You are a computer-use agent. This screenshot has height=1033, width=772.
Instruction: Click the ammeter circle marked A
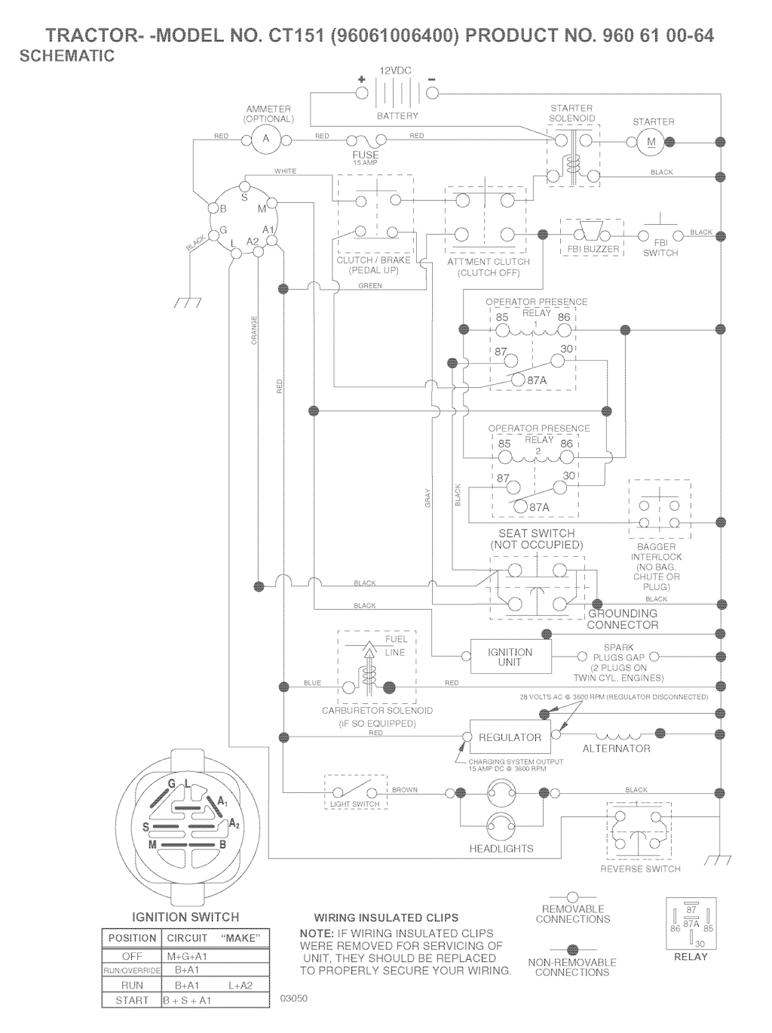click(265, 140)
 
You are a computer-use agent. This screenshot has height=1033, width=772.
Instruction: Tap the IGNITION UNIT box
click(510, 656)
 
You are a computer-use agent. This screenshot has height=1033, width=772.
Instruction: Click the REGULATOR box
click(510, 737)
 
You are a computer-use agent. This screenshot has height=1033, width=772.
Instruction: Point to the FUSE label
click(366, 155)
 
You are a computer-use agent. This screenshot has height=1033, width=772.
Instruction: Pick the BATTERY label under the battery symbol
click(397, 116)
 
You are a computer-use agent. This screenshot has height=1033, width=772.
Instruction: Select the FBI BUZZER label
click(593, 249)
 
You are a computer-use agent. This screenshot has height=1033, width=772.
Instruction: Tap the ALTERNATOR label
click(616, 749)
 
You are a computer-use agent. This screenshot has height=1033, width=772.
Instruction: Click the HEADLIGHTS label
click(501, 849)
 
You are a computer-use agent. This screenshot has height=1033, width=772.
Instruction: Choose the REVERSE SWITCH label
click(640, 869)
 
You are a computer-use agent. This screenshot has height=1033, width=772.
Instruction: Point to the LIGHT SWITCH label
click(355, 804)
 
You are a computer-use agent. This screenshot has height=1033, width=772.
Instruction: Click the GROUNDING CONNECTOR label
click(623, 619)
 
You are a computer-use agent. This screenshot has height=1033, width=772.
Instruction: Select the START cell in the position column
click(132, 1001)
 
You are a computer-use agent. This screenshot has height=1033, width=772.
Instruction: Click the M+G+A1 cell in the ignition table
click(187, 956)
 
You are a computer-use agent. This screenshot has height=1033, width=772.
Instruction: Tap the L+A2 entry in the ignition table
click(240, 985)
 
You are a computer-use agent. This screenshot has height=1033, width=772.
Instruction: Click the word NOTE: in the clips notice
click(317, 933)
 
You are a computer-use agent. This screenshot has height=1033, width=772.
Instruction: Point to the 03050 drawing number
click(293, 998)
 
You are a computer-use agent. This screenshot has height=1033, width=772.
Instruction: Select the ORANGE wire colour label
click(255, 330)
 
